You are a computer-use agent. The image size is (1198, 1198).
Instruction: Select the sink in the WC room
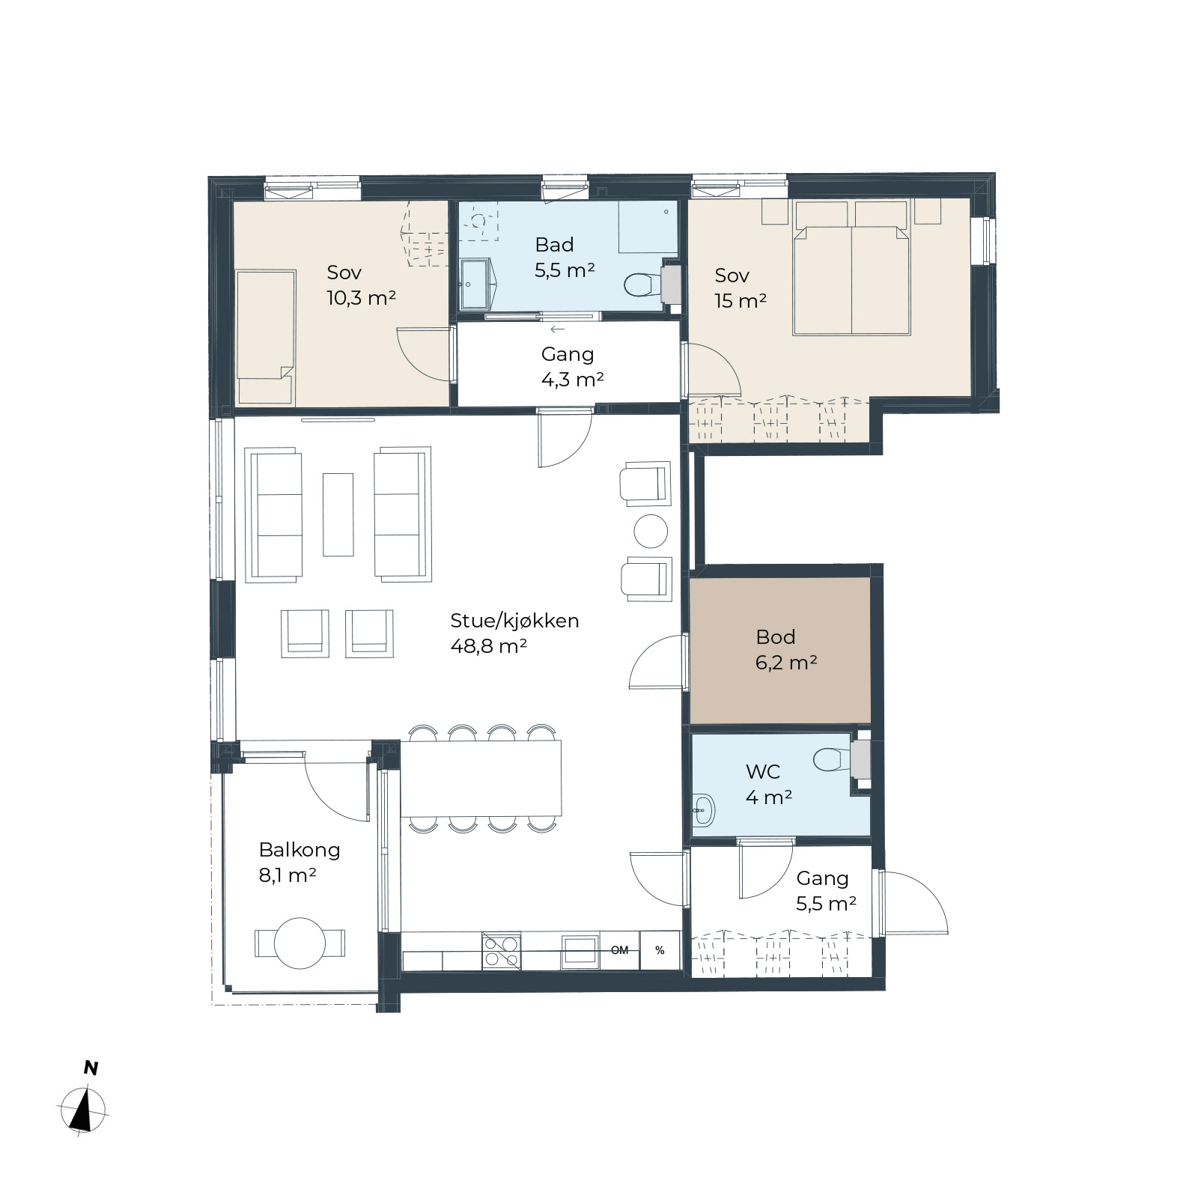[703, 809]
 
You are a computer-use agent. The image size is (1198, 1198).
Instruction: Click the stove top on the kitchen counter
[501, 951]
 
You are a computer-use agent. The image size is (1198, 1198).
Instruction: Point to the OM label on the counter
[619, 951]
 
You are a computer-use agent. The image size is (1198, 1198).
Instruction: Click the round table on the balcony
[299, 943]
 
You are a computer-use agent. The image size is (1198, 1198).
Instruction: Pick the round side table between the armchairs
[651, 532]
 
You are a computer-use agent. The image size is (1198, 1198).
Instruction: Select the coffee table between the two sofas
[338, 514]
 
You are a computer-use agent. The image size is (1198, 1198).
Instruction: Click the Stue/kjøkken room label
[514, 621]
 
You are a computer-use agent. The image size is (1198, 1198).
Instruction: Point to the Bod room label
[776, 637]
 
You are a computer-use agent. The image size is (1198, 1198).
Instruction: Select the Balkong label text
[299, 850]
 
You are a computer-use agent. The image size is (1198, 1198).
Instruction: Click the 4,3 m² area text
[573, 380]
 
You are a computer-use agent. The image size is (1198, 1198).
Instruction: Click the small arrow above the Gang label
[557, 329]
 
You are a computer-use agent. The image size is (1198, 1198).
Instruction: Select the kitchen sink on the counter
[580, 951]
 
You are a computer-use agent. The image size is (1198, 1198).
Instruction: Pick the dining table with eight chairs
[481, 778]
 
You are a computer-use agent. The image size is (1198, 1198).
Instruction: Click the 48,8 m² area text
[489, 646]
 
